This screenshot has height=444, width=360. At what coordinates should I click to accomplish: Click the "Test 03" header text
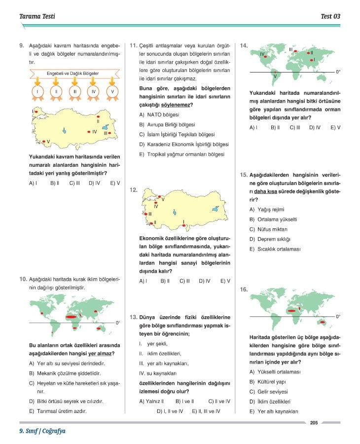tap(330, 16)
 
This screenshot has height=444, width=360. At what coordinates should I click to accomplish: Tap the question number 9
tap(22, 46)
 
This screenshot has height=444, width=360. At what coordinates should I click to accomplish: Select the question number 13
tap(133, 317)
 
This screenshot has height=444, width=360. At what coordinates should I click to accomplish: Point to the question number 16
tap(244, 290)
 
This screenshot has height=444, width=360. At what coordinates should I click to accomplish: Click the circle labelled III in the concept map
tap(74, 92)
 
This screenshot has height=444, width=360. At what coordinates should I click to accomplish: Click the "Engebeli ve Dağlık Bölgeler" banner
tap(72, 74)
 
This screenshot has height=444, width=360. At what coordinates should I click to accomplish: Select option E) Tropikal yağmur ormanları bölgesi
tap(181, 154)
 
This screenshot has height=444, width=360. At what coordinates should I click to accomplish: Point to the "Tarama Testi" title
tap(37, 16)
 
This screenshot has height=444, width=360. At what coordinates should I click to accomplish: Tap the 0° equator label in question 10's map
tap(117, 323)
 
